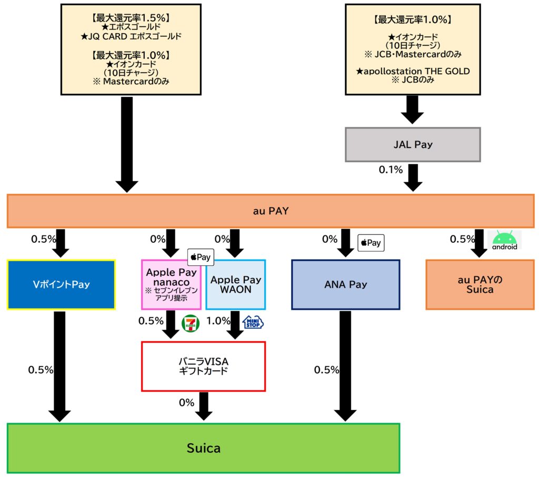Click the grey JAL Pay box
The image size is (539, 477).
[x=413, y=144]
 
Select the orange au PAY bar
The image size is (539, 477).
[x=271, y=211]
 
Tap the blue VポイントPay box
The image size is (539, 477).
[x=61, y=285]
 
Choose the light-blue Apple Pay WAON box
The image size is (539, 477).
[x=235, y=285]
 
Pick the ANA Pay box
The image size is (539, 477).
[x=345, y=285]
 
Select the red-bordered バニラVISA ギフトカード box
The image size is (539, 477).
[x=203, y=366]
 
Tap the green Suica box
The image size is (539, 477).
[x=203, y=448]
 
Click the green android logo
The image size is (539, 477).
[x=504, y=240]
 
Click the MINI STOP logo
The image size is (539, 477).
[x=253, y=322]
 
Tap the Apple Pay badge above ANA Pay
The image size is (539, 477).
[x=371, y=243]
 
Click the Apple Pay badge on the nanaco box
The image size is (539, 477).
[x=201, y=257]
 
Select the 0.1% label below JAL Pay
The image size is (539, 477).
[x=390, y=170]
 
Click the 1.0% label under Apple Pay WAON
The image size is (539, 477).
[x=217, y=321]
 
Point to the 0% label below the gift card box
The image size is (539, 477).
[x=186, y=403]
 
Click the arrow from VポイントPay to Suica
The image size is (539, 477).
[x=59, y=366]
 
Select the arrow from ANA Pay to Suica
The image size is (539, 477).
[x=345, y=366]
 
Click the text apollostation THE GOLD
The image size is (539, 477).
[x=413, y=71]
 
